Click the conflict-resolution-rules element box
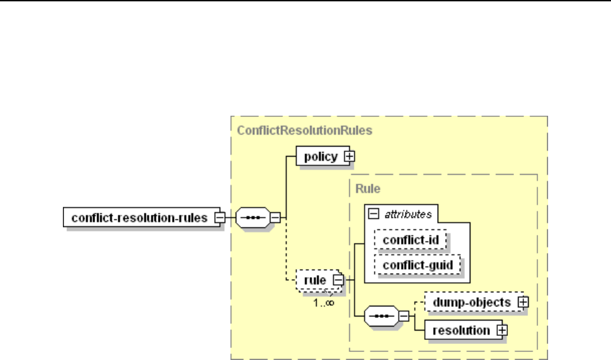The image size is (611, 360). tap(139, 217)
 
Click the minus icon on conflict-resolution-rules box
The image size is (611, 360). tap(219, 217)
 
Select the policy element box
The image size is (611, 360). tap(321, 157)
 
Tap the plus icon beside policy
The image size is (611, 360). tap(349, 157)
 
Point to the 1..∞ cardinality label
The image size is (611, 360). tap(325, 302)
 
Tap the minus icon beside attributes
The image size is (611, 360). tap(373, 213)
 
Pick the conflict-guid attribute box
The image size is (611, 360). tap(418, 265)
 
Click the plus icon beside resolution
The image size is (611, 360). tap(502, 330)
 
